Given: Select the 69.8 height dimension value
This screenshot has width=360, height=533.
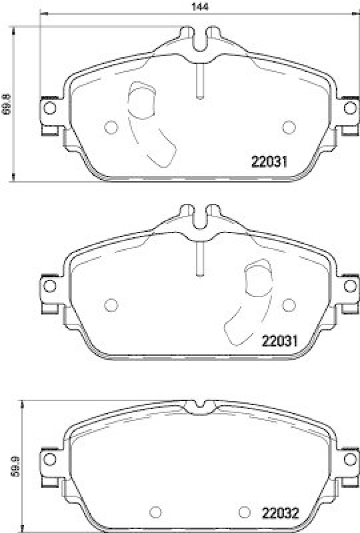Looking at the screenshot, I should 7,105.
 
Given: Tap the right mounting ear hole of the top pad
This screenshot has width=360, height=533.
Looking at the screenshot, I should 349,108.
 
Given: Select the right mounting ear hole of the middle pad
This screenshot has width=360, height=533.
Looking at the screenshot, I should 349,286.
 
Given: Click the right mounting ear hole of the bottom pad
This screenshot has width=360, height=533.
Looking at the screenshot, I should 349,460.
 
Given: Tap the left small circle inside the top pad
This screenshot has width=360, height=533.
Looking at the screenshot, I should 111,127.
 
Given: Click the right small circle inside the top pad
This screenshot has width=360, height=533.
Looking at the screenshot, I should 289,127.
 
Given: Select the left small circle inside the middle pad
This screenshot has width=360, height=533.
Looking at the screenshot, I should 111,305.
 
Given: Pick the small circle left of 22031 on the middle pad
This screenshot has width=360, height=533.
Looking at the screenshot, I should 289,305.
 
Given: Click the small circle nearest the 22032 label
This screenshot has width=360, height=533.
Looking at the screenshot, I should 243,512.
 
